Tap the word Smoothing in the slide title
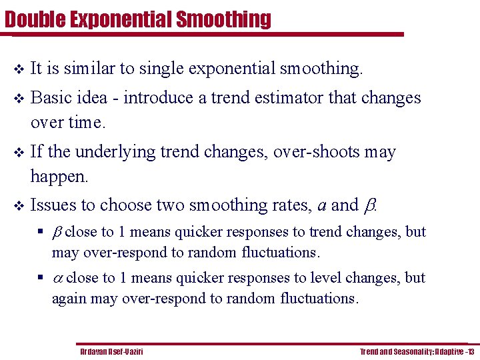point(223,19)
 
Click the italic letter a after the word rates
point(321,206)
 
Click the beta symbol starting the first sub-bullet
point(57,233)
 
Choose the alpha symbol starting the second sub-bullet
point(57,278)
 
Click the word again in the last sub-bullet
point(69,298)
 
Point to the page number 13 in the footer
point(470,351)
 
